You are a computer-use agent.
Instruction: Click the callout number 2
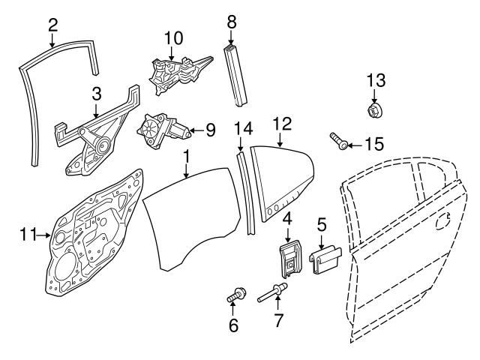52,25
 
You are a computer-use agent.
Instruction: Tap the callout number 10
172,37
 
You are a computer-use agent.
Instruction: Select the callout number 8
232,22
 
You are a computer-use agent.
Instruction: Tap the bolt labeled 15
337,141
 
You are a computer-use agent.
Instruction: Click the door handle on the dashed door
444,222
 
